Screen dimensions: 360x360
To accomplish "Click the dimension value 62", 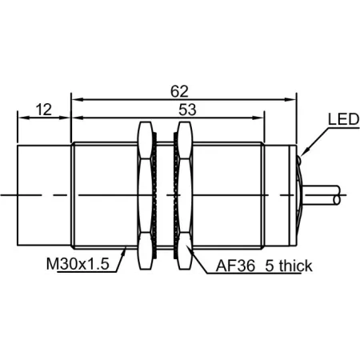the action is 179,91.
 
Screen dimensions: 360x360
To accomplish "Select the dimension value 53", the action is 187,110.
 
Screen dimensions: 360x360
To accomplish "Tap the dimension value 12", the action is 44,110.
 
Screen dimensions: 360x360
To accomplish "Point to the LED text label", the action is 343,119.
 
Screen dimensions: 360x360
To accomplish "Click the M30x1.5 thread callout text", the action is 78,264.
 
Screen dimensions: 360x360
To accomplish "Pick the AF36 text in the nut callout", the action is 235,266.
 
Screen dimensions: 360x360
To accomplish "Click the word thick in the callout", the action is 295,266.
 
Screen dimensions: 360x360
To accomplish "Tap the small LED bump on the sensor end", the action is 299,160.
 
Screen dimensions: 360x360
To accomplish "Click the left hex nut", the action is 145,195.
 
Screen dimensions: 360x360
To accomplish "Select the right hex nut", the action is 185,195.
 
